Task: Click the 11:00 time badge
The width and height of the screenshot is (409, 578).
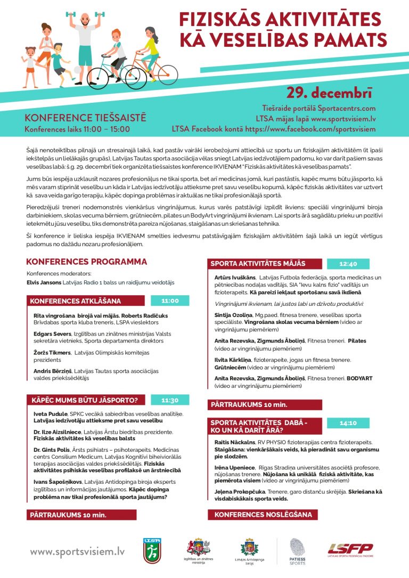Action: (x=169, y=300)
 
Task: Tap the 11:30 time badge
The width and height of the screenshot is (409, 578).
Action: (x=169, y=400)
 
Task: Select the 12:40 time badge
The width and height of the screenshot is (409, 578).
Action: (x=348, y=264)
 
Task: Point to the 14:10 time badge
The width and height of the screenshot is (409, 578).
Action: (x=348, y=423)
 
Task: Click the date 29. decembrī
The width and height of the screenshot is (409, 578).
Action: (x=330, y=93)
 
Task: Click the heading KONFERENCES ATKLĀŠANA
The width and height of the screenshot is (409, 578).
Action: (x=76, y=301)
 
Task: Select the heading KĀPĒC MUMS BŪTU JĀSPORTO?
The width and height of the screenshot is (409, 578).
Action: (x=84, y=400)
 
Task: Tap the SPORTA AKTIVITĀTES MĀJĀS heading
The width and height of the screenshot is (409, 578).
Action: (x=258, y=264)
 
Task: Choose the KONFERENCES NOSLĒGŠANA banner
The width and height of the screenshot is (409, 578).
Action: (x=263, y=515)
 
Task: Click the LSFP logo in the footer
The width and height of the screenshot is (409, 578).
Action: (x=350, y=549)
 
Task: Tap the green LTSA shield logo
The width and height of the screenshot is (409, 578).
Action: (x=150, y=550)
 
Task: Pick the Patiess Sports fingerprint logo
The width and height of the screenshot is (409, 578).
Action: (x=297, y=550)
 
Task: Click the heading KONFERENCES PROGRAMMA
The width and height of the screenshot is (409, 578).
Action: (x=86, y=262)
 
